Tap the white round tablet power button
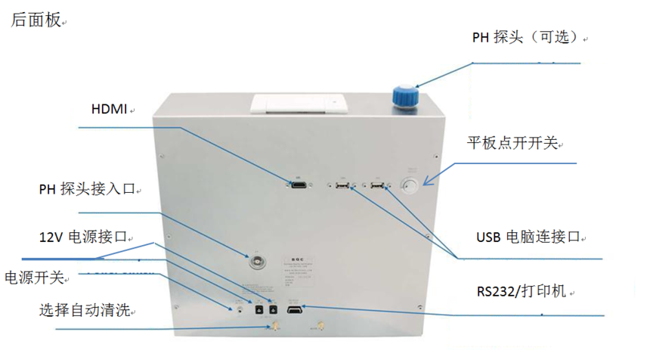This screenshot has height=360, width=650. point(412,187)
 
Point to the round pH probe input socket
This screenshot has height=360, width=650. point(258,261)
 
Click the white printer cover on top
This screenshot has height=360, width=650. point(299,104)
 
